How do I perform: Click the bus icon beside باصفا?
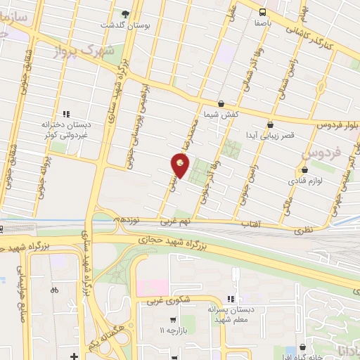(x=262, y=11)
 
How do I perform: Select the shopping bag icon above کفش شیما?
(x=221, y=103)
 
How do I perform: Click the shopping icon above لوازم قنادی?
(x=304, y=169)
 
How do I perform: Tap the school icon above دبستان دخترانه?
(x=67, y=113)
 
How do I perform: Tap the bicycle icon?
(x=54, y=289)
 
